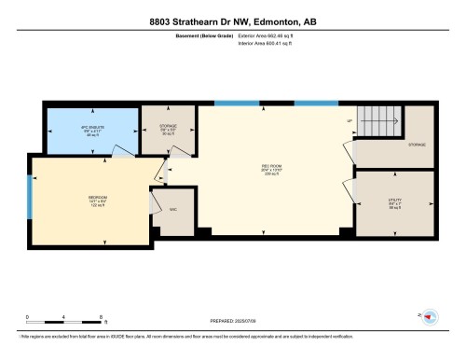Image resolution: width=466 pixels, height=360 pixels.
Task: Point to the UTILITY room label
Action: pos(394,201)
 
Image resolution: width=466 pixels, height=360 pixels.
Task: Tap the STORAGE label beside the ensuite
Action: pos(168,127)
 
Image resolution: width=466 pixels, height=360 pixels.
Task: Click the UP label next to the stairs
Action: pos(349,122)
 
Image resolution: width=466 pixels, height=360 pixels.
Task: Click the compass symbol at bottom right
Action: pos(430,316)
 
